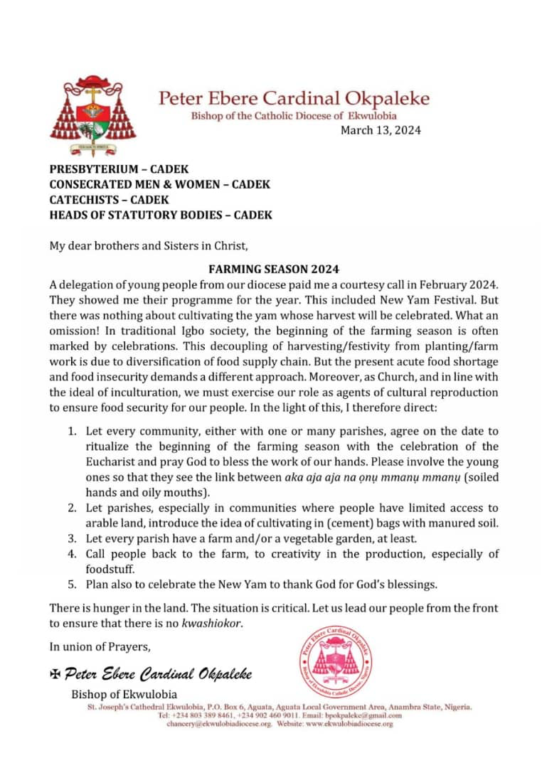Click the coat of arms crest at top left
pyautogui.click(x=92, y=115)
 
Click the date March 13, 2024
pyautogui.click(x=381, y=130)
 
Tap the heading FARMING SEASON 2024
pyautogui.click(x=274, y=270)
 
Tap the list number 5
pyautogui.click(x=73, y=585)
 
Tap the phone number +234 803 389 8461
pyautogui.click(x=193, y=715)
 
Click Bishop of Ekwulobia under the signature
pyautogui.click(x=124, y=694)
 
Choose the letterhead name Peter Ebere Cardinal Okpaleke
pyautogui.click(x=294, y=98)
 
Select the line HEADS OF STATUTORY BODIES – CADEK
pyautogui.click(x=161, y=215)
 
